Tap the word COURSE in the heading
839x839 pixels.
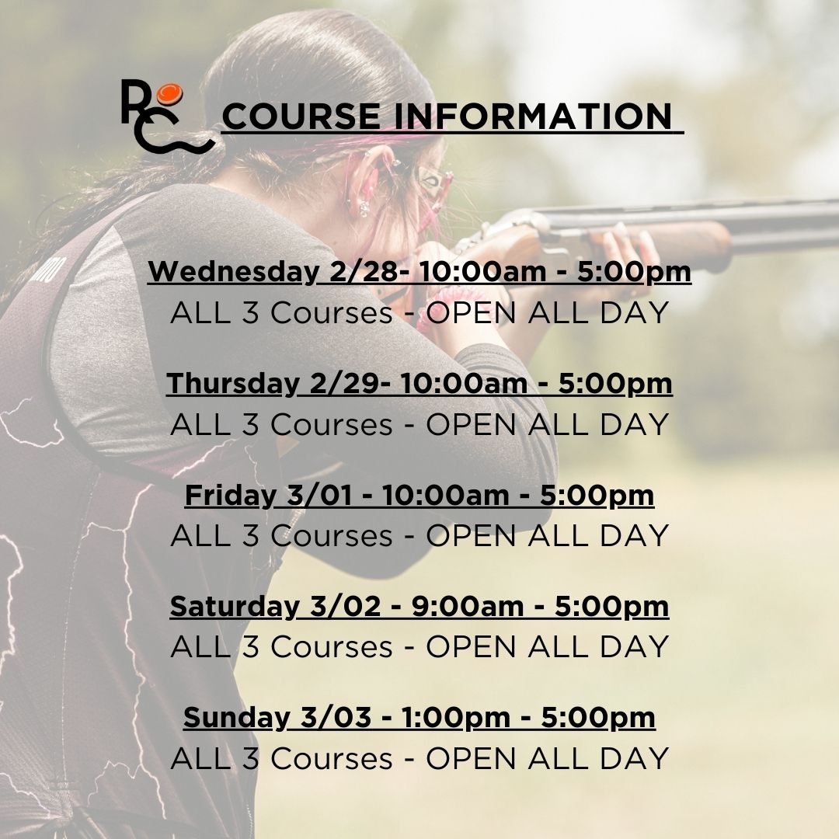pos(301,116)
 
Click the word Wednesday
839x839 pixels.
pos(233,271)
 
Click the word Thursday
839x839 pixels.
pos(232,382)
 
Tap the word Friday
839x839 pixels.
pos(230,495)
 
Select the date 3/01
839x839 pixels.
pos(319,495)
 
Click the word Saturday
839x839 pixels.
pos(235,606)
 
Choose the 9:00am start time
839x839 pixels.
pos(467,606)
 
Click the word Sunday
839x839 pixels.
pos(236,718)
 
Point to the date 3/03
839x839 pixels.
pos(336,718)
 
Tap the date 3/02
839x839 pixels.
pos(345,606)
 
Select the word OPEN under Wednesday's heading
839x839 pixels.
pos(472,312)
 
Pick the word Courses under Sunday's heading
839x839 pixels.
pos(331,758)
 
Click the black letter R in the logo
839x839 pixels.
pos(135,102)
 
